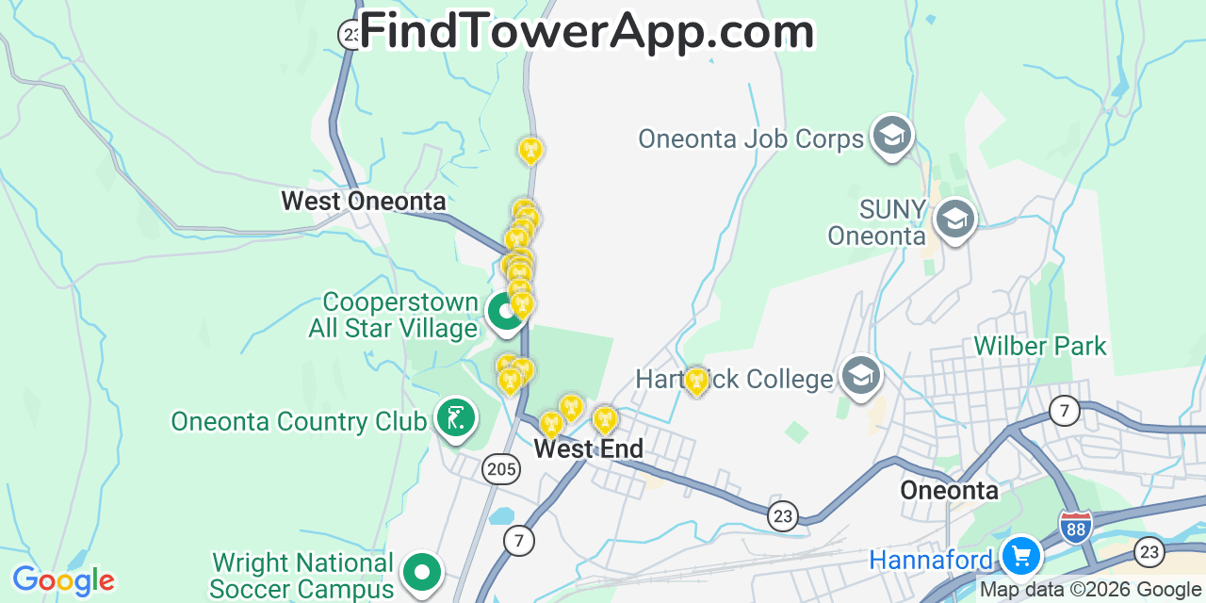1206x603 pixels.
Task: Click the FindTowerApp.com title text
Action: pos(586,31)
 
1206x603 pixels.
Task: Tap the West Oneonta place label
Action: pos(364,201)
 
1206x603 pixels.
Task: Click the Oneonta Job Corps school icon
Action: pos(890,136)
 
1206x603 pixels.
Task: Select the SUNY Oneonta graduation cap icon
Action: pos(953,220)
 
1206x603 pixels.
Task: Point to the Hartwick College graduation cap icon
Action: pos(860,376)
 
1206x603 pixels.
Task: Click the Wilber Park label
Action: pos(1040,346)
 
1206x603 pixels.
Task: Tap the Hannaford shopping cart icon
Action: pos(1020,555)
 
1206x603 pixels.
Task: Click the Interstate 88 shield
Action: pos(1075,527)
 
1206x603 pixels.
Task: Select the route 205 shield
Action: pos(500,468)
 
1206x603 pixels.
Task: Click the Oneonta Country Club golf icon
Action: pos(455,417)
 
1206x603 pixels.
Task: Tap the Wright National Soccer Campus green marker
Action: pos(421,572)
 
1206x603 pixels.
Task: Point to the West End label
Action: pos(589,449)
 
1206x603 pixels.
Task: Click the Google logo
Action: pos(63,580)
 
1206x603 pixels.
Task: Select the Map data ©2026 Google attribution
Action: pos(1091,590)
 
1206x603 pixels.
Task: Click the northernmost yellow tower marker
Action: pos(530,150)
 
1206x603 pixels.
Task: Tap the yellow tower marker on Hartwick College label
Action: pos(696,381)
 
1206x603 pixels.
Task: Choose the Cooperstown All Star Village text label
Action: pos(399,315)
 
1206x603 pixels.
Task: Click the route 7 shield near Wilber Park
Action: pos(1065,411)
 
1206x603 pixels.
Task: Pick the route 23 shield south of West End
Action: pos(782,515)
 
